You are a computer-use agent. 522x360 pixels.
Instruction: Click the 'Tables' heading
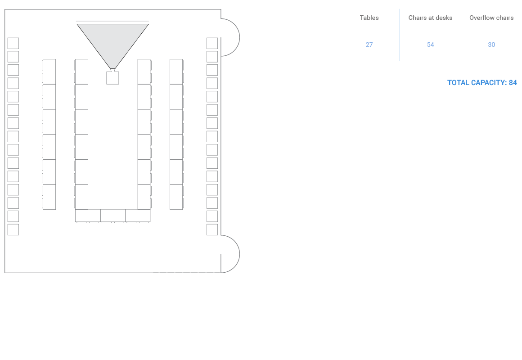[369, 18]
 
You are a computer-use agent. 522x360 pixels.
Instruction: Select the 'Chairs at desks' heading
[430, 18]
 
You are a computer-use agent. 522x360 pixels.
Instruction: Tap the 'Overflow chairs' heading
[491, 18]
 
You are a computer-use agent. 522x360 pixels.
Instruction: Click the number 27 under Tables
[369, 45]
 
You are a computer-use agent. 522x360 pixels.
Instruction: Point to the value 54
[430, 45]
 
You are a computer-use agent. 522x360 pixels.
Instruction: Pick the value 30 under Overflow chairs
[491, 45]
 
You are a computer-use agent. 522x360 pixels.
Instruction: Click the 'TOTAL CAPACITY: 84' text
[482, 83]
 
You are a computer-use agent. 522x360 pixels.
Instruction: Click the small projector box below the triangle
[112, 78]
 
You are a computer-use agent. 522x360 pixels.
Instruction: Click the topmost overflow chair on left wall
[13, 43]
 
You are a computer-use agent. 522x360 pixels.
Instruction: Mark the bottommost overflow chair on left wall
[13, 229]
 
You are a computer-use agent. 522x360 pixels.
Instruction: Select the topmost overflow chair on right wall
[212, 43]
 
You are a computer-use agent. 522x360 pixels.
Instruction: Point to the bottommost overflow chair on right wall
[212, 229]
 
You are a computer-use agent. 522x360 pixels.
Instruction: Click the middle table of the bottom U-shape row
[112, 216]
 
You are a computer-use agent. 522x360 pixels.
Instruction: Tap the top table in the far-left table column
[49, 72]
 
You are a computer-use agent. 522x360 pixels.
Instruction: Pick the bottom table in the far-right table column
[176, 197]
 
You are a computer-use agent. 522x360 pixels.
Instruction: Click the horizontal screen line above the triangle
[112, 21]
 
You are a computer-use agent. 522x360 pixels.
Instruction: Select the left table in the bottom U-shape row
[88, 216]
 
